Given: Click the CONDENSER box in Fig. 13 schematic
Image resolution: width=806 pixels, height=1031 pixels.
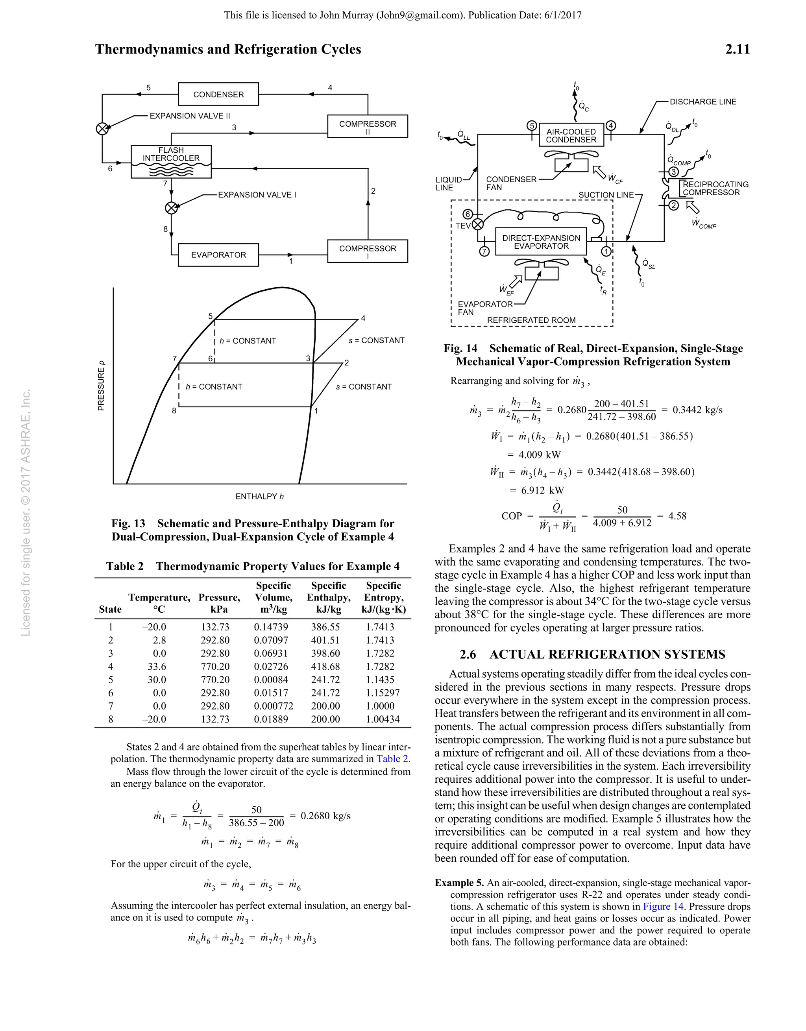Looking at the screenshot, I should pyautogui.click(x=218, y=94).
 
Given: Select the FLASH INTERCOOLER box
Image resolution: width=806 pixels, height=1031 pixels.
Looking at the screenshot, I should pyautogui.click(x=171, y=162).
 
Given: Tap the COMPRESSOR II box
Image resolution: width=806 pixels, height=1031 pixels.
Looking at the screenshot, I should pyautogui.click(x=367, y=127).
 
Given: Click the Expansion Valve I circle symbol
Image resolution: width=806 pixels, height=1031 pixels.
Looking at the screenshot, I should pyautogui.click(x=172, y=208).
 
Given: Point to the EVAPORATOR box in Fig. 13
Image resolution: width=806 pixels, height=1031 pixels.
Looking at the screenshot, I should pyautogui.click(x=218, y=255).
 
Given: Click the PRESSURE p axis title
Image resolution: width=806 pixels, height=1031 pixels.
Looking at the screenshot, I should pyautogui.click(x=101, y=386).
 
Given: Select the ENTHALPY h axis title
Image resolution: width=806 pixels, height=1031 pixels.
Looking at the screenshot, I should pyautogui.click(x=260, y=497).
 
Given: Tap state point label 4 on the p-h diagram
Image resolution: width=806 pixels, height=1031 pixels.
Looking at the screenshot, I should pyautogui.click(x=363, y=318).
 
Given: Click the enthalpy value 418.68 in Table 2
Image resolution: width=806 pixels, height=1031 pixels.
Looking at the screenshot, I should pyautogui.click(x=325, y=667).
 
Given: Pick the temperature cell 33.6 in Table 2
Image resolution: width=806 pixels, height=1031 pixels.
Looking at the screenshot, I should pyautogui.click(x=160, y=667).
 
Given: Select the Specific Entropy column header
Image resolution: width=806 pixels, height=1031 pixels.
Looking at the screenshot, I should pyautogui.click(x=383, y=597).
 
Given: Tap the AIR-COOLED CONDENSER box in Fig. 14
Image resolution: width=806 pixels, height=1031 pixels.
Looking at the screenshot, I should pyautogui.click(x=571, y=135).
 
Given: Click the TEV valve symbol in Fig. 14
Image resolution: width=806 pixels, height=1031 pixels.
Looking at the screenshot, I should pyautogui.click(x=478, y=224).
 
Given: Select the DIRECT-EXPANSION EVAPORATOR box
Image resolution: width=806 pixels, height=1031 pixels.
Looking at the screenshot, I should pyautogui.click(x=541, y=242).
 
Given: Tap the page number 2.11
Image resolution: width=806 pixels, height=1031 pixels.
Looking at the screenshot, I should pyautogui.click(x=737, y=50).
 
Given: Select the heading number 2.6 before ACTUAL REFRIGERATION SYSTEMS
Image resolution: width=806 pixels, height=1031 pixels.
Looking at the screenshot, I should pyautogui.click(x=468, y=654).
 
